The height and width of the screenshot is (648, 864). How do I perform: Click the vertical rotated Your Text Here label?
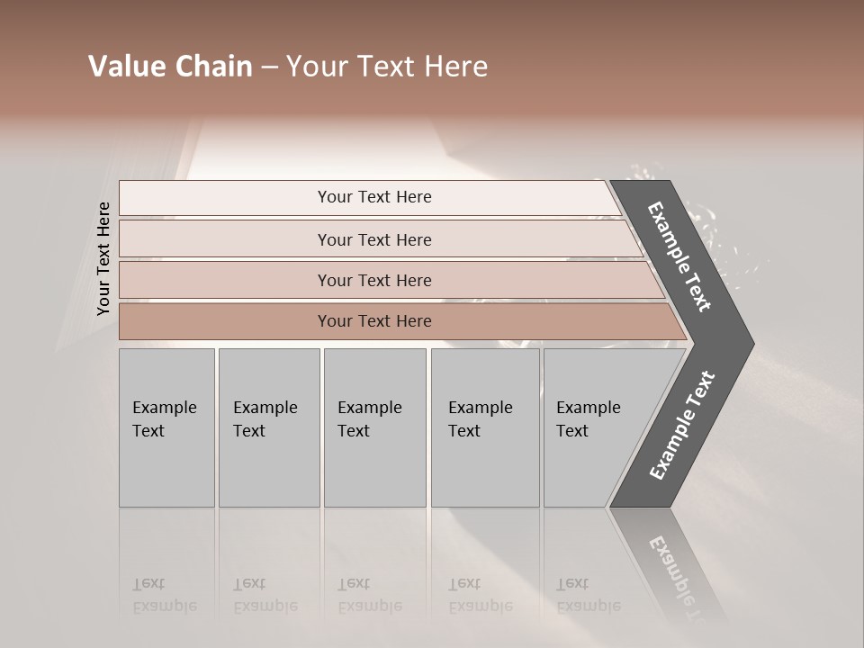103,258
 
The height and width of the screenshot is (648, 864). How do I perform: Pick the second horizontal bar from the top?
373,239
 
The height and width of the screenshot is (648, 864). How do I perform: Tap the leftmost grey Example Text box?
166,427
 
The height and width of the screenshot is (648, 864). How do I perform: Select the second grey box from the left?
268,427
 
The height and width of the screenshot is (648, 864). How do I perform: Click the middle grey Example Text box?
374,427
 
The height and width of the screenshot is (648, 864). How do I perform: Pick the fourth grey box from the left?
485,427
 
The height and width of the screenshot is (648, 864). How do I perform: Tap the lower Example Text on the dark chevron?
682,425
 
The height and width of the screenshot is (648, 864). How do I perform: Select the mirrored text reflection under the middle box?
369,595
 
